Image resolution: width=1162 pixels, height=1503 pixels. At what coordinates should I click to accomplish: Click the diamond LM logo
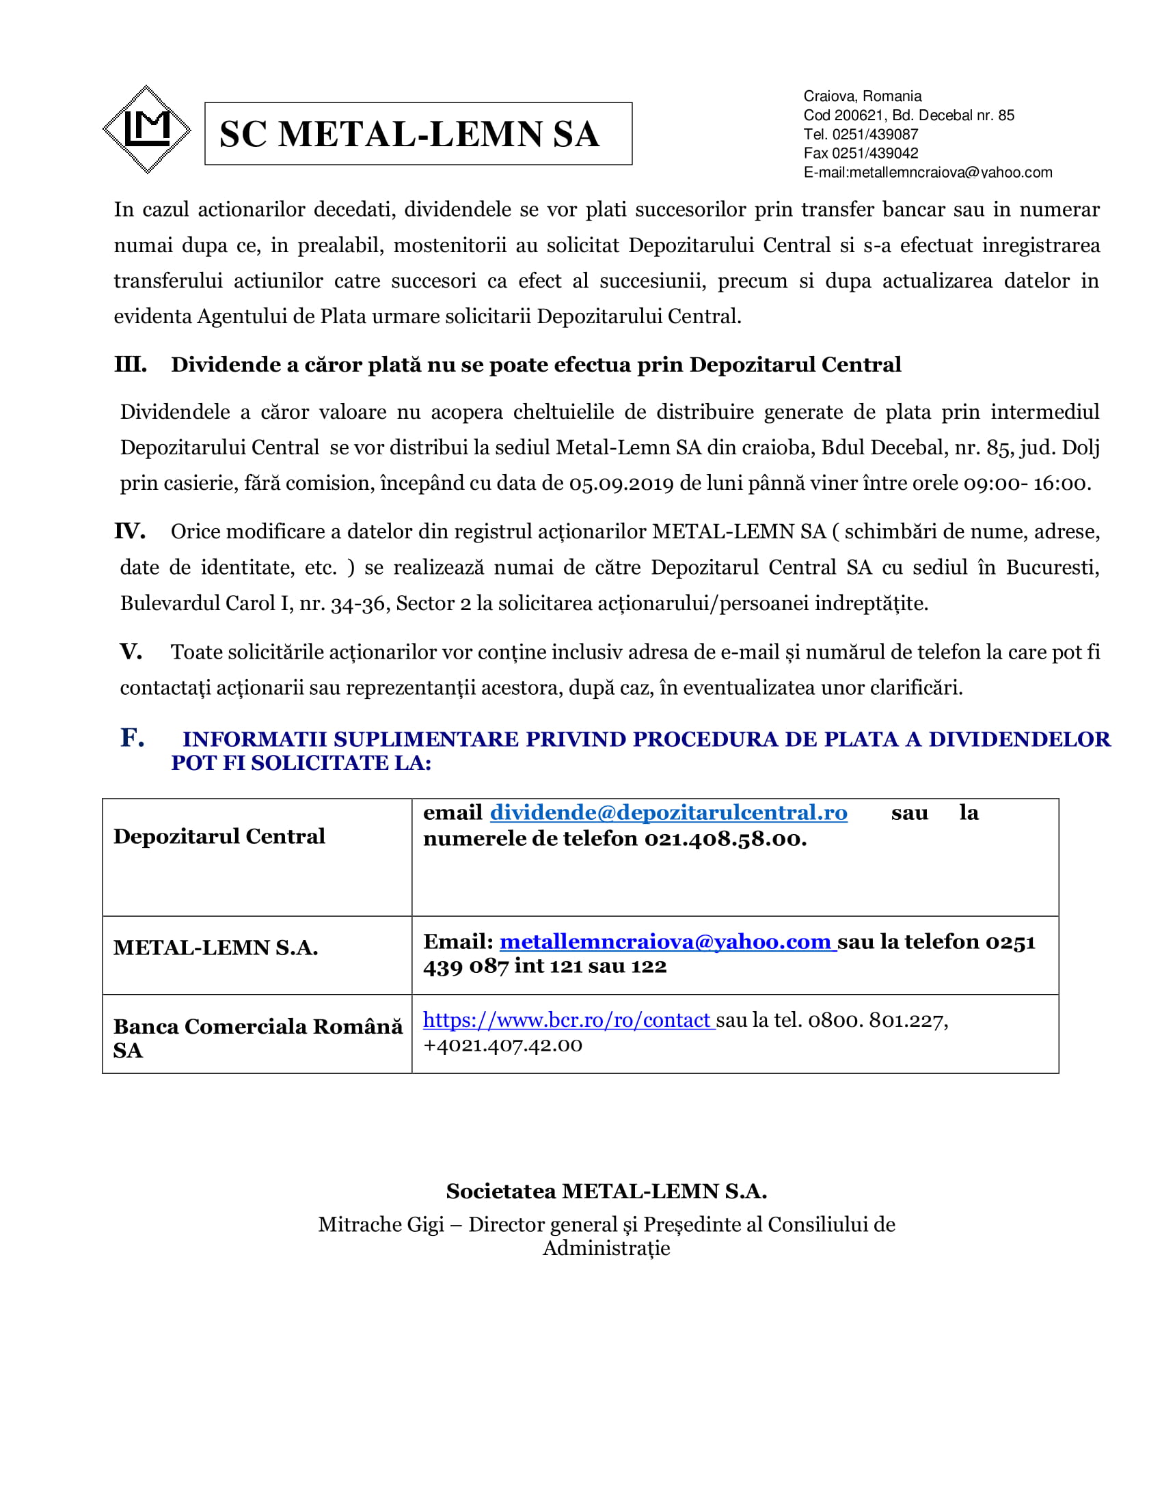click(x=146, y=129)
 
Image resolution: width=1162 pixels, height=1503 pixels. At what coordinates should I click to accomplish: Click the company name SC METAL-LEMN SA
click(x=409, y=134)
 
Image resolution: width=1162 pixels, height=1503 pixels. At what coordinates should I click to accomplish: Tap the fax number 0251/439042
click(x=875, y=154)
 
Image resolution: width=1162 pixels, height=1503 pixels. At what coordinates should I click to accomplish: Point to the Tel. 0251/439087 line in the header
click(x=861, y=134)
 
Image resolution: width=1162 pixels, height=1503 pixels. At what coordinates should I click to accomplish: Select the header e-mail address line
click(x=928, y=173)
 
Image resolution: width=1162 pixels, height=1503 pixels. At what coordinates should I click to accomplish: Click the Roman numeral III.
click(x=130, y=365)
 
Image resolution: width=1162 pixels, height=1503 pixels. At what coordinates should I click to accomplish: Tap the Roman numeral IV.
click(x=130, y=532)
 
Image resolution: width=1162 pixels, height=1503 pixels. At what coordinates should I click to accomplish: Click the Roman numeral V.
click(x=131, y=652)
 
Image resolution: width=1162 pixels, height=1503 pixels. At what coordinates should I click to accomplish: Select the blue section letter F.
click(x=132, y=738)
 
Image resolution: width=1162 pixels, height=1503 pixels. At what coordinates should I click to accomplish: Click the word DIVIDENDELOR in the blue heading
click(x=1019, y=739)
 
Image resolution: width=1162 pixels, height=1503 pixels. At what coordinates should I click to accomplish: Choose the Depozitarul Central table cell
click(x=219, y=836)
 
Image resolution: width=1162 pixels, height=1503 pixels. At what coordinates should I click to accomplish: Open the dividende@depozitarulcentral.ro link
click(x=668, y=813)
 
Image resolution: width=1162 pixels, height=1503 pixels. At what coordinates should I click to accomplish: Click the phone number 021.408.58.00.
click(x=725, y=839)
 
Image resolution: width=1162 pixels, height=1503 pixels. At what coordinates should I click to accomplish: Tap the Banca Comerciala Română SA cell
click(x=258, y=1038)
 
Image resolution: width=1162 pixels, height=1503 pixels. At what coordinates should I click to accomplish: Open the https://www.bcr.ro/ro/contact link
click(x=567, y=1020)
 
